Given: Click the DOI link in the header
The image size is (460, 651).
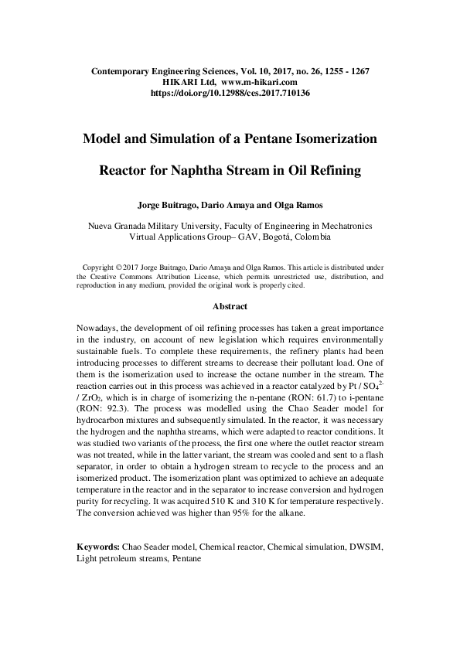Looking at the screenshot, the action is (x=230, y=92).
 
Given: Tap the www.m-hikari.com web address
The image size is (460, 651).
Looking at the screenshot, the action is (x=260, y=81).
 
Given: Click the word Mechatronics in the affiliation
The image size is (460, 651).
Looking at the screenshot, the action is (x=344, y=226).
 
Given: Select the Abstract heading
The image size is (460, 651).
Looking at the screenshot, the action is (x=230, y=306).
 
